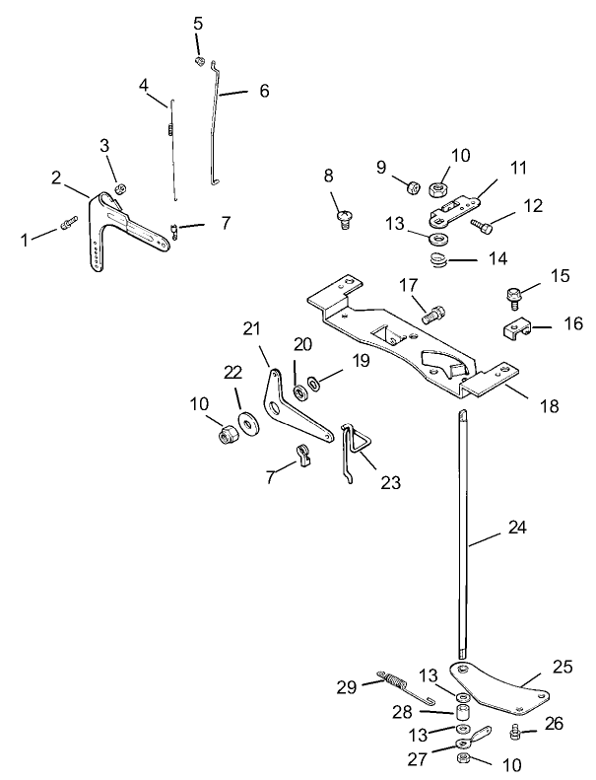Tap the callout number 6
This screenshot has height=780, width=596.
263,91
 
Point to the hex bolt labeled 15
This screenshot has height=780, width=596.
512,294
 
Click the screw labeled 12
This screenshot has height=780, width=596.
482,226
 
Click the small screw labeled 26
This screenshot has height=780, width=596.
514,731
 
